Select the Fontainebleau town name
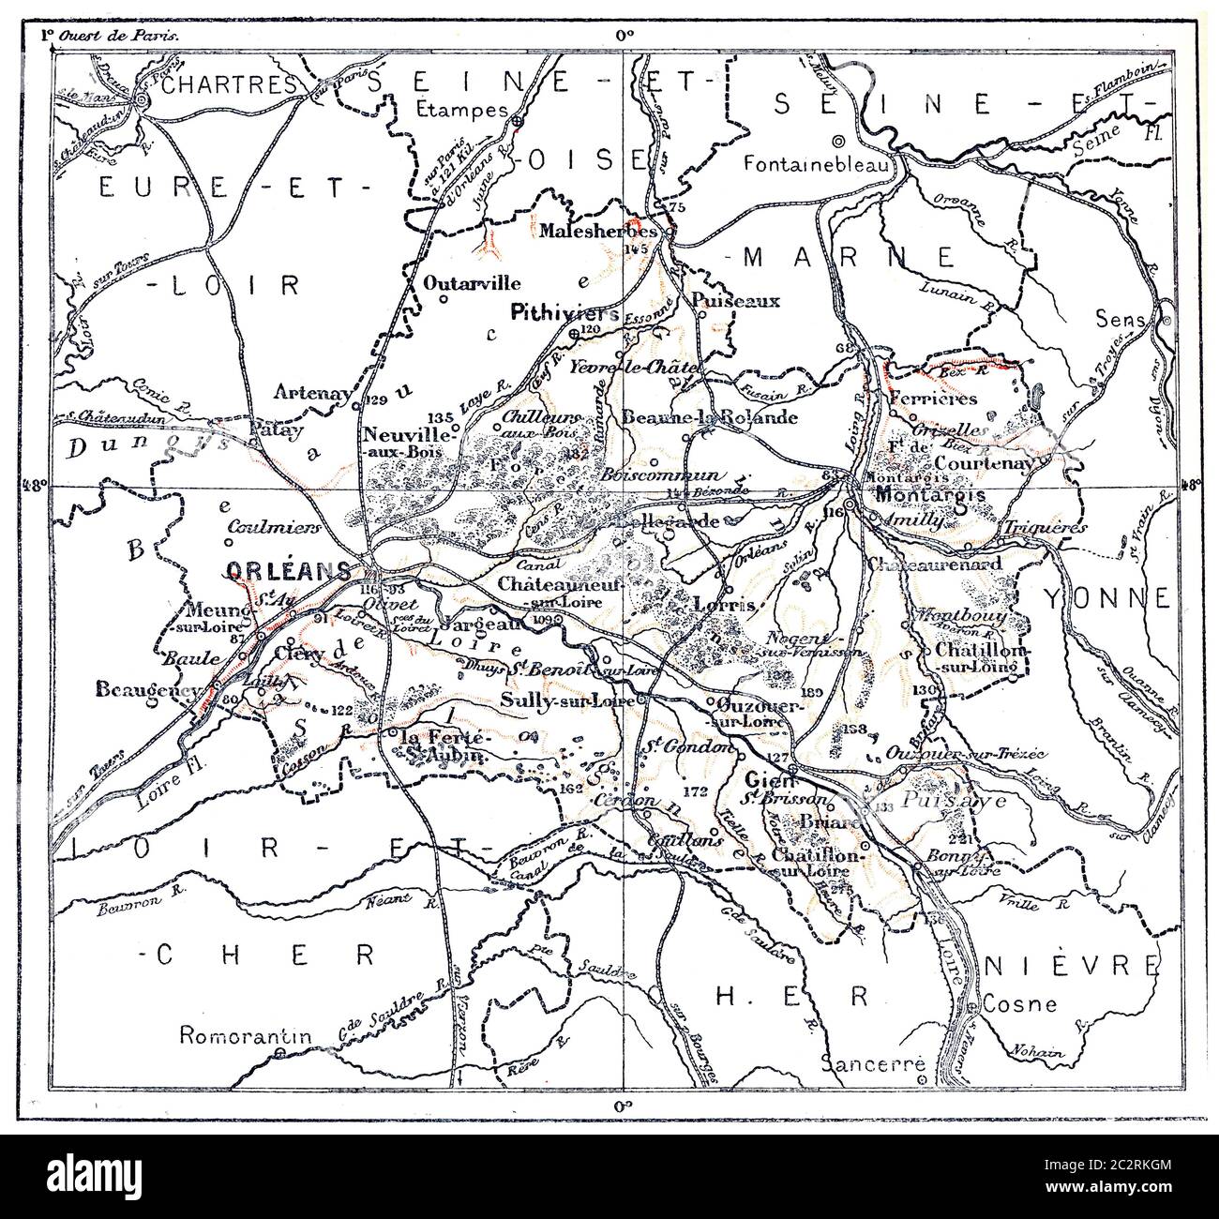pyautogui.click(x=822, y=163)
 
